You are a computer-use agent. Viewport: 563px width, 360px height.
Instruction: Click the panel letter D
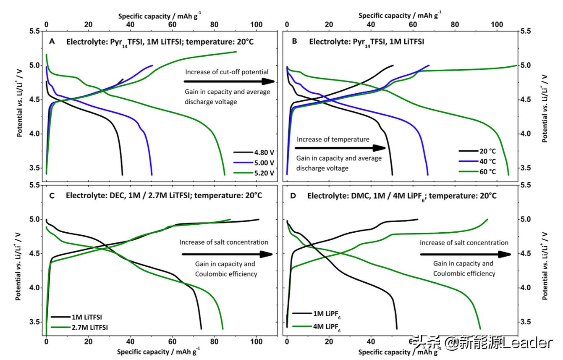coord(293,196)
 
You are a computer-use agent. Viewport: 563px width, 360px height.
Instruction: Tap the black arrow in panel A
coord(229,81)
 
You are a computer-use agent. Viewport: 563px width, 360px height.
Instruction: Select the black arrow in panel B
coord(340,148)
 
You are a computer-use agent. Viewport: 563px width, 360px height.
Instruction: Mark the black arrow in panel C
coord(227,254)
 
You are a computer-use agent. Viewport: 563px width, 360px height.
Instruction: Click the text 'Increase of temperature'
coord(333,139)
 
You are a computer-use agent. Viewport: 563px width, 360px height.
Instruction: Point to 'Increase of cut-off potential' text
coord(227,72)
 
